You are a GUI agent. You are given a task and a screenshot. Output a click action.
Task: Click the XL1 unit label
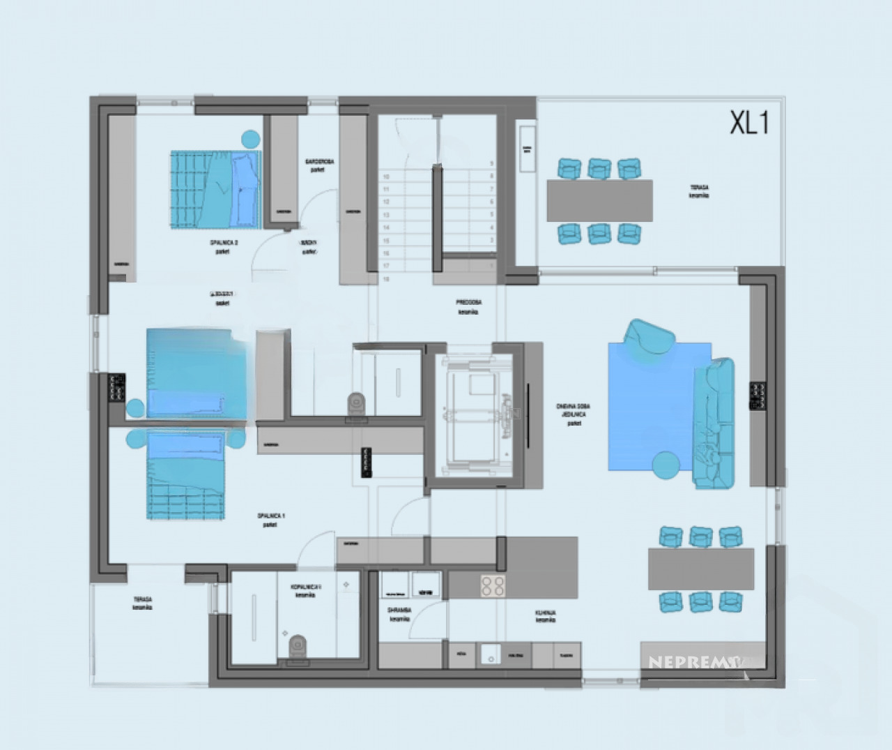click(749, 123)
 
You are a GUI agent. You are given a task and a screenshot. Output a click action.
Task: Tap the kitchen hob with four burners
click(493, 586)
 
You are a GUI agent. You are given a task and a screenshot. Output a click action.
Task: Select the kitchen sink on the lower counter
click(491, 655)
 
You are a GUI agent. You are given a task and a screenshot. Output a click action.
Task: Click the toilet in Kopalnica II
click(297, 645)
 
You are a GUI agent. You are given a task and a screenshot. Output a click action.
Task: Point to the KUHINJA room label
click(545, 615)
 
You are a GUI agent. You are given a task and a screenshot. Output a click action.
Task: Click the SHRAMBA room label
click(399, 614)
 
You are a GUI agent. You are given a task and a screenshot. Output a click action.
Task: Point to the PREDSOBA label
click(469, 306)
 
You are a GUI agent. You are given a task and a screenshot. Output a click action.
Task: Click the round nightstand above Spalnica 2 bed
click(250, 138)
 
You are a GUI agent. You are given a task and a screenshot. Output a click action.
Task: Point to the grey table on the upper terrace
click(600, 200)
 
